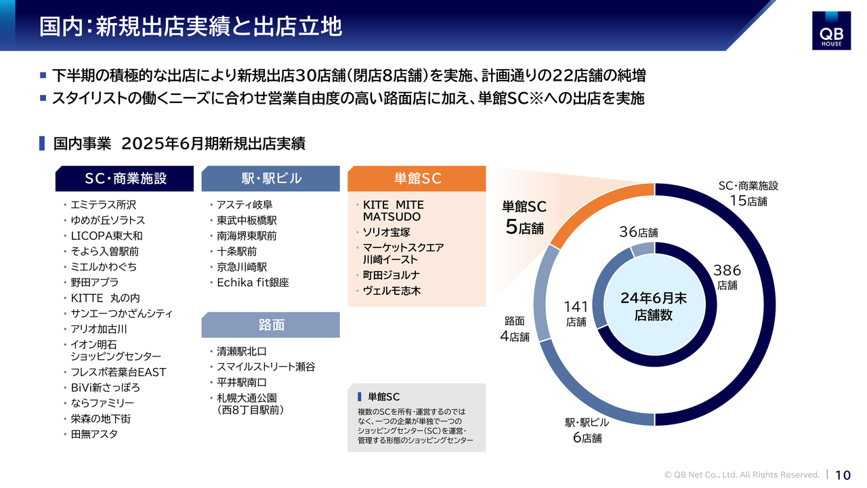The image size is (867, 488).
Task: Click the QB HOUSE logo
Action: point(831,30)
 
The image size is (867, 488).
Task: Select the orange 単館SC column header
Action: point(417,178)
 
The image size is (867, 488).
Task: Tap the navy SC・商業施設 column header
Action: point(124,178)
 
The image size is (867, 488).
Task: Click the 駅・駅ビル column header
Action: point(270,178)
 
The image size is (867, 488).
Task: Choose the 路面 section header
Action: point(270,325)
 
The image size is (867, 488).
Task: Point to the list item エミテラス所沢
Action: point(104,205)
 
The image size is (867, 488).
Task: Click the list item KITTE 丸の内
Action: point(105,298)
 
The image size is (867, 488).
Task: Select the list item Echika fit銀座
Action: point(253,283)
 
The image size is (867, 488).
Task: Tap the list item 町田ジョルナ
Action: point(391,275)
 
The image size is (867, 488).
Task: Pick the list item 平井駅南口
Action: point(242,382)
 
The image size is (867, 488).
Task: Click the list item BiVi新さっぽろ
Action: point(105,387)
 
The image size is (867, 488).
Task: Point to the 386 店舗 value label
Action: point(727,277)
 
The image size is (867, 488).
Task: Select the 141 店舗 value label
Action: point(576,313)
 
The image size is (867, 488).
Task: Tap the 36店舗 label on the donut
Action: point(638,232)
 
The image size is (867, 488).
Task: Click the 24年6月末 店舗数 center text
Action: point(654,306)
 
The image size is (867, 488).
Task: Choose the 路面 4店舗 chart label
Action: point(515,329)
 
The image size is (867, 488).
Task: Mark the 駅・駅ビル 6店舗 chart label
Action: point(587,430)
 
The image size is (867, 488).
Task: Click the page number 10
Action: point(843,475)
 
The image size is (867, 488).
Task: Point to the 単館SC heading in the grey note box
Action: point(383,396)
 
